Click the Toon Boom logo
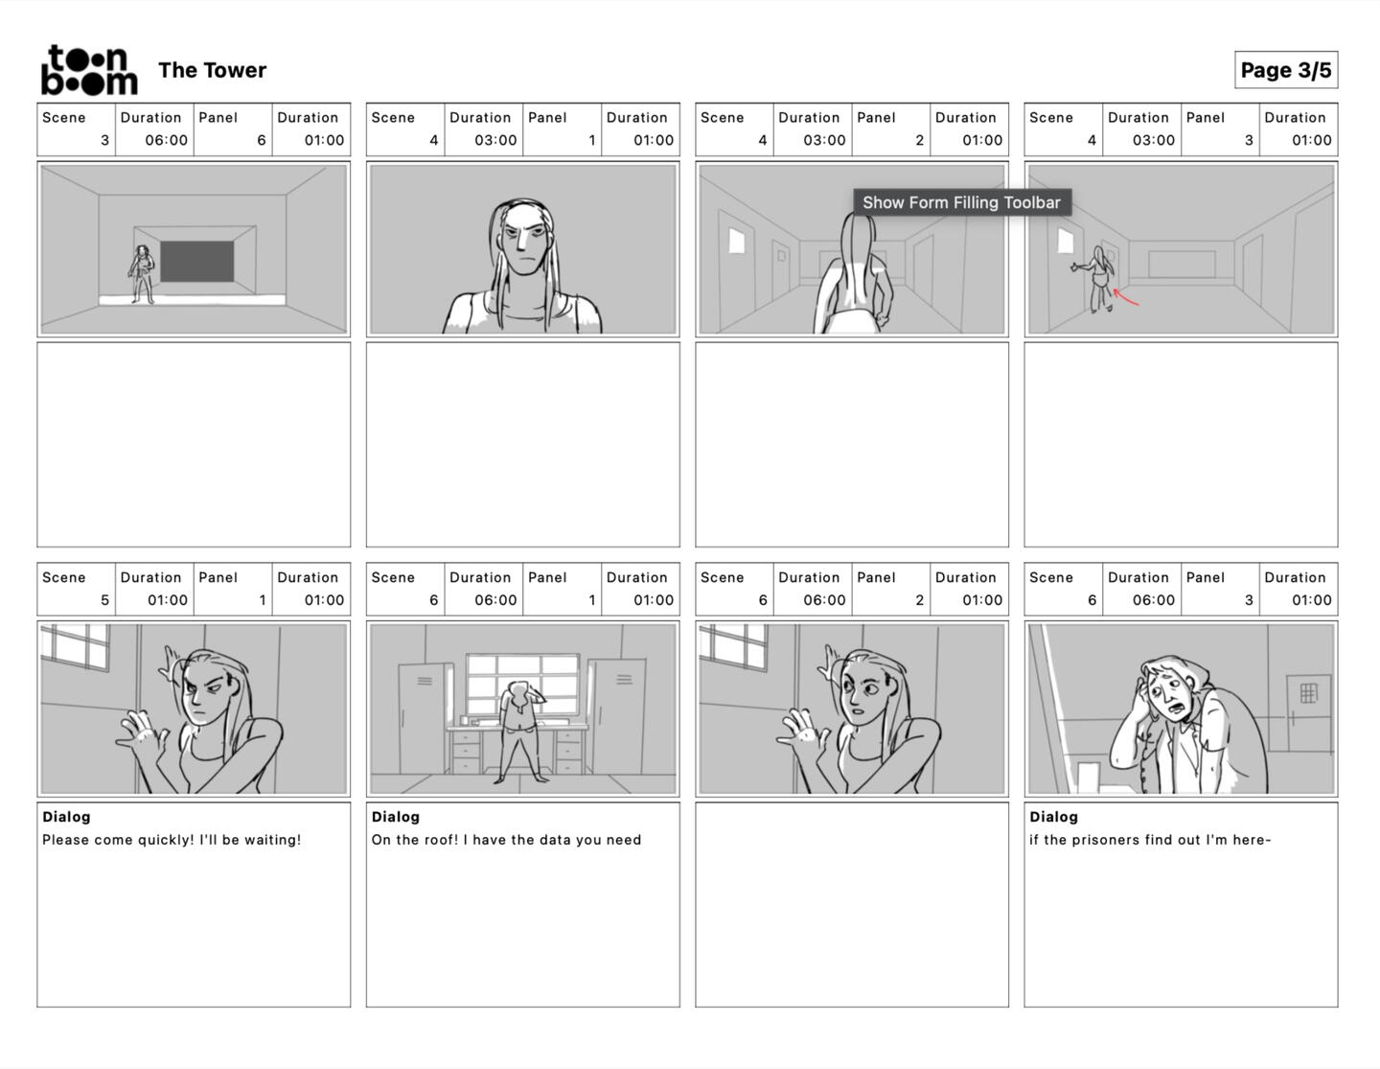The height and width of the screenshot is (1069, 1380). point(89,71)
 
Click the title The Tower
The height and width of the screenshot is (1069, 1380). point(212,70)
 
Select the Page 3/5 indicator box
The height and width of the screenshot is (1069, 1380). point(1285,70)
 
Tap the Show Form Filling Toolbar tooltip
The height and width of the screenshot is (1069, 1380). point(961,202)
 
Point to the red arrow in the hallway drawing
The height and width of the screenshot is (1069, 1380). point(1125,297)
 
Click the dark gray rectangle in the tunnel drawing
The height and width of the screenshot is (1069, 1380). point(196,261)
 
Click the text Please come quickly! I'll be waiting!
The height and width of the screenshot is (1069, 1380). point(172,840)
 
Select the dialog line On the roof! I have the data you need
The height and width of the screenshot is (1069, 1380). point(506,840)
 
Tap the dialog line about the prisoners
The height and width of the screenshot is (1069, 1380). point(1150,840)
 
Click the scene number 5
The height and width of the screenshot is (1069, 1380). point(104,600)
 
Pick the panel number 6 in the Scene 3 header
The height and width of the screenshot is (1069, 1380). point(261,140)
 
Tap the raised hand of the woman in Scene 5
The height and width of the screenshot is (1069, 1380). point(143,737)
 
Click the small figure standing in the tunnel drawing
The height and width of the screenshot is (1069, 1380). point(142,274)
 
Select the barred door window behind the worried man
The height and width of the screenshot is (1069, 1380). point(1308,692)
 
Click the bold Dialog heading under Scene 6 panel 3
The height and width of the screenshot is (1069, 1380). point(1053,817)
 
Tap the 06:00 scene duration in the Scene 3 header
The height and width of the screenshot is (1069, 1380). point(167,140)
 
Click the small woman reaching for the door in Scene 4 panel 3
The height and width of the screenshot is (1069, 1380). point(1096,279)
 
